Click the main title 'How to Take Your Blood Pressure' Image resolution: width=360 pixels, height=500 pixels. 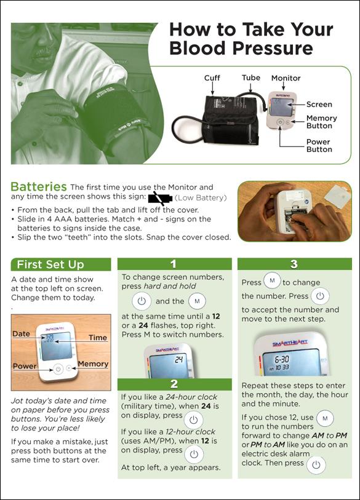tap(250, 38)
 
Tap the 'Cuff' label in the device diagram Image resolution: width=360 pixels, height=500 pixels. tap(212, 78)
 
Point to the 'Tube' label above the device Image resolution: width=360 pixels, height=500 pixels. tap(250, 78)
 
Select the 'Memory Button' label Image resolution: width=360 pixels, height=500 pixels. tap(321, 122)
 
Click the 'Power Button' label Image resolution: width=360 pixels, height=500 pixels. tap(319, 146)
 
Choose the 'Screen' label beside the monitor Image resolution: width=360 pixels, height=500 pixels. tap(319, 105)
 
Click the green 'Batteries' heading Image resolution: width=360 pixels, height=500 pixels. tap(39, 186)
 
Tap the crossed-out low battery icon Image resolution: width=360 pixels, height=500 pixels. tap(160, 198)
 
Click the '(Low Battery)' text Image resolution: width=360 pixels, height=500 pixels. tap(201, 198)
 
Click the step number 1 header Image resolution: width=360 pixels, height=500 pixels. tap(174, 264)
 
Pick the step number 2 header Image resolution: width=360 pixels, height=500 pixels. tap(174, 384)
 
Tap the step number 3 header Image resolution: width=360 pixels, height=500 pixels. tap(294, 264)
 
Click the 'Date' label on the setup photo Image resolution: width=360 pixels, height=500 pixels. tap(21, 334)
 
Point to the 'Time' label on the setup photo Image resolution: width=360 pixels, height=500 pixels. tap(97, 338)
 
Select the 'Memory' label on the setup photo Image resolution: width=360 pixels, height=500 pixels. tap(93, 364)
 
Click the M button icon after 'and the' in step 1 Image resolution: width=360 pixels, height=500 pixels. tap(197, 301)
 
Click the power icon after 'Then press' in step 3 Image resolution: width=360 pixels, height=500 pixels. tap(316, 464)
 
